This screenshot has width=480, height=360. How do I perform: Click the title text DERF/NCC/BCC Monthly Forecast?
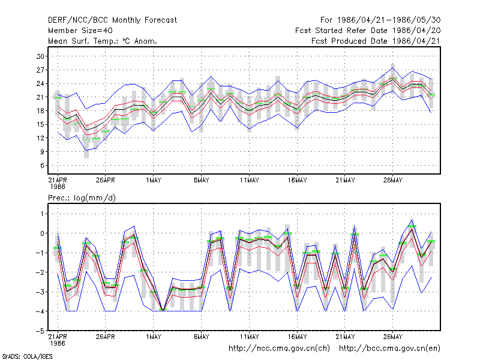tap(112, 20)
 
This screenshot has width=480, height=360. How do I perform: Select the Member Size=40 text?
tap(80, 31)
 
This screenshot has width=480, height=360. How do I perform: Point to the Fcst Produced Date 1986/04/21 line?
tap(376, 41)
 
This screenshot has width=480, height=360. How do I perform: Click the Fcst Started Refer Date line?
tap(368, 31)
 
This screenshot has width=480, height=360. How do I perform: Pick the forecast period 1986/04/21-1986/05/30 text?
tap(380, 20)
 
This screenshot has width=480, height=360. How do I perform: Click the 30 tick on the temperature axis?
tap(40, 56)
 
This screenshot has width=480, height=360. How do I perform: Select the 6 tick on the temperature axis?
tap(42, 166)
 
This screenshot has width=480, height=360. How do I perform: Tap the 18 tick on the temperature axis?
tap(40, 111)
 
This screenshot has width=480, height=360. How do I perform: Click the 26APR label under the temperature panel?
tap(106, 181)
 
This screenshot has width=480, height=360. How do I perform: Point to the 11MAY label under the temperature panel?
tap(249, 181)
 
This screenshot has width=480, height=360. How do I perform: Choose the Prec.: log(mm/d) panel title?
tap(82, 198)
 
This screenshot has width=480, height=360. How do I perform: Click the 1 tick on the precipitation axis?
tap(42, 214)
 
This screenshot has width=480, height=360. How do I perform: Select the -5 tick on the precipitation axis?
tap(40, 331)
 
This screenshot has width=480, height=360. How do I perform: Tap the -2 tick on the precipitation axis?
tap(40, 272)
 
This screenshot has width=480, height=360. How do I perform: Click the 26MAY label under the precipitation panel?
tap(393, 337)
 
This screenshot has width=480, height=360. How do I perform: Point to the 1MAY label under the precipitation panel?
tap(154, 337)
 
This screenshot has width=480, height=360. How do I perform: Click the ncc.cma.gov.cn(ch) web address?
tap(279, 349)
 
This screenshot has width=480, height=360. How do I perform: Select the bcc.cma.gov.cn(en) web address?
tap(389, 349)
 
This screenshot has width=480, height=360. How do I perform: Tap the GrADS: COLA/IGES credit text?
tap(28, 356)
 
